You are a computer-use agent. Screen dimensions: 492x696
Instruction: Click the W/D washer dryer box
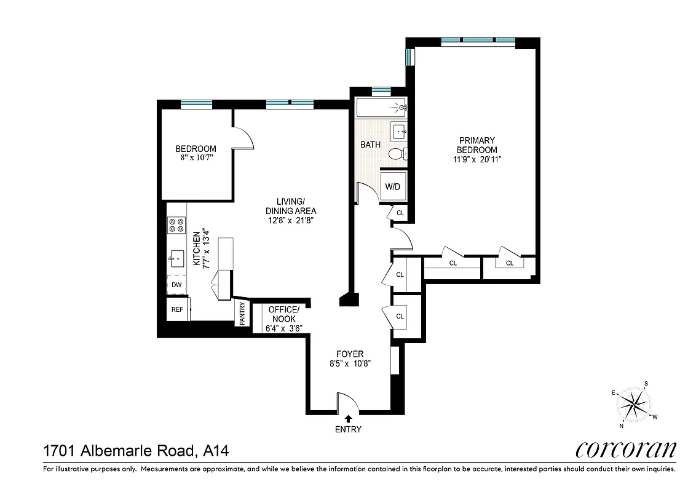tap(393, 186)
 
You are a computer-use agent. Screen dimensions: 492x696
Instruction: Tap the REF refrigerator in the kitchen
tap(178, 309)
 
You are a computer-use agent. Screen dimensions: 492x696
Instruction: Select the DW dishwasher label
tap(176, 285)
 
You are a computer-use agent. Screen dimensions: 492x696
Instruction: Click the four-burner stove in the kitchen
tap(176, 226)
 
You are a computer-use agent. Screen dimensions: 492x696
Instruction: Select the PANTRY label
tap(242, 313)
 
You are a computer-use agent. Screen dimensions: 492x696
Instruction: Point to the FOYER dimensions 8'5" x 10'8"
tap(349, 363)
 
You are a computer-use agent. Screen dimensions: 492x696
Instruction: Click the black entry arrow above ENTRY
tap(349, 418)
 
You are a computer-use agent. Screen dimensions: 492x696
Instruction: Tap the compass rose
tap(633, 405)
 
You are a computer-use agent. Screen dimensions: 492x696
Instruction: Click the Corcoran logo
tap(625, 450)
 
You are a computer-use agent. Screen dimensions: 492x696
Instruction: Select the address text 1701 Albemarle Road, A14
tap(136, 451)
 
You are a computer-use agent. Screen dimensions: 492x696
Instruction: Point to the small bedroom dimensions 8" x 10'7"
tap(196, 157)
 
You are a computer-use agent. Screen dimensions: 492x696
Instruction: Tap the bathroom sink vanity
tap(399, 130)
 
